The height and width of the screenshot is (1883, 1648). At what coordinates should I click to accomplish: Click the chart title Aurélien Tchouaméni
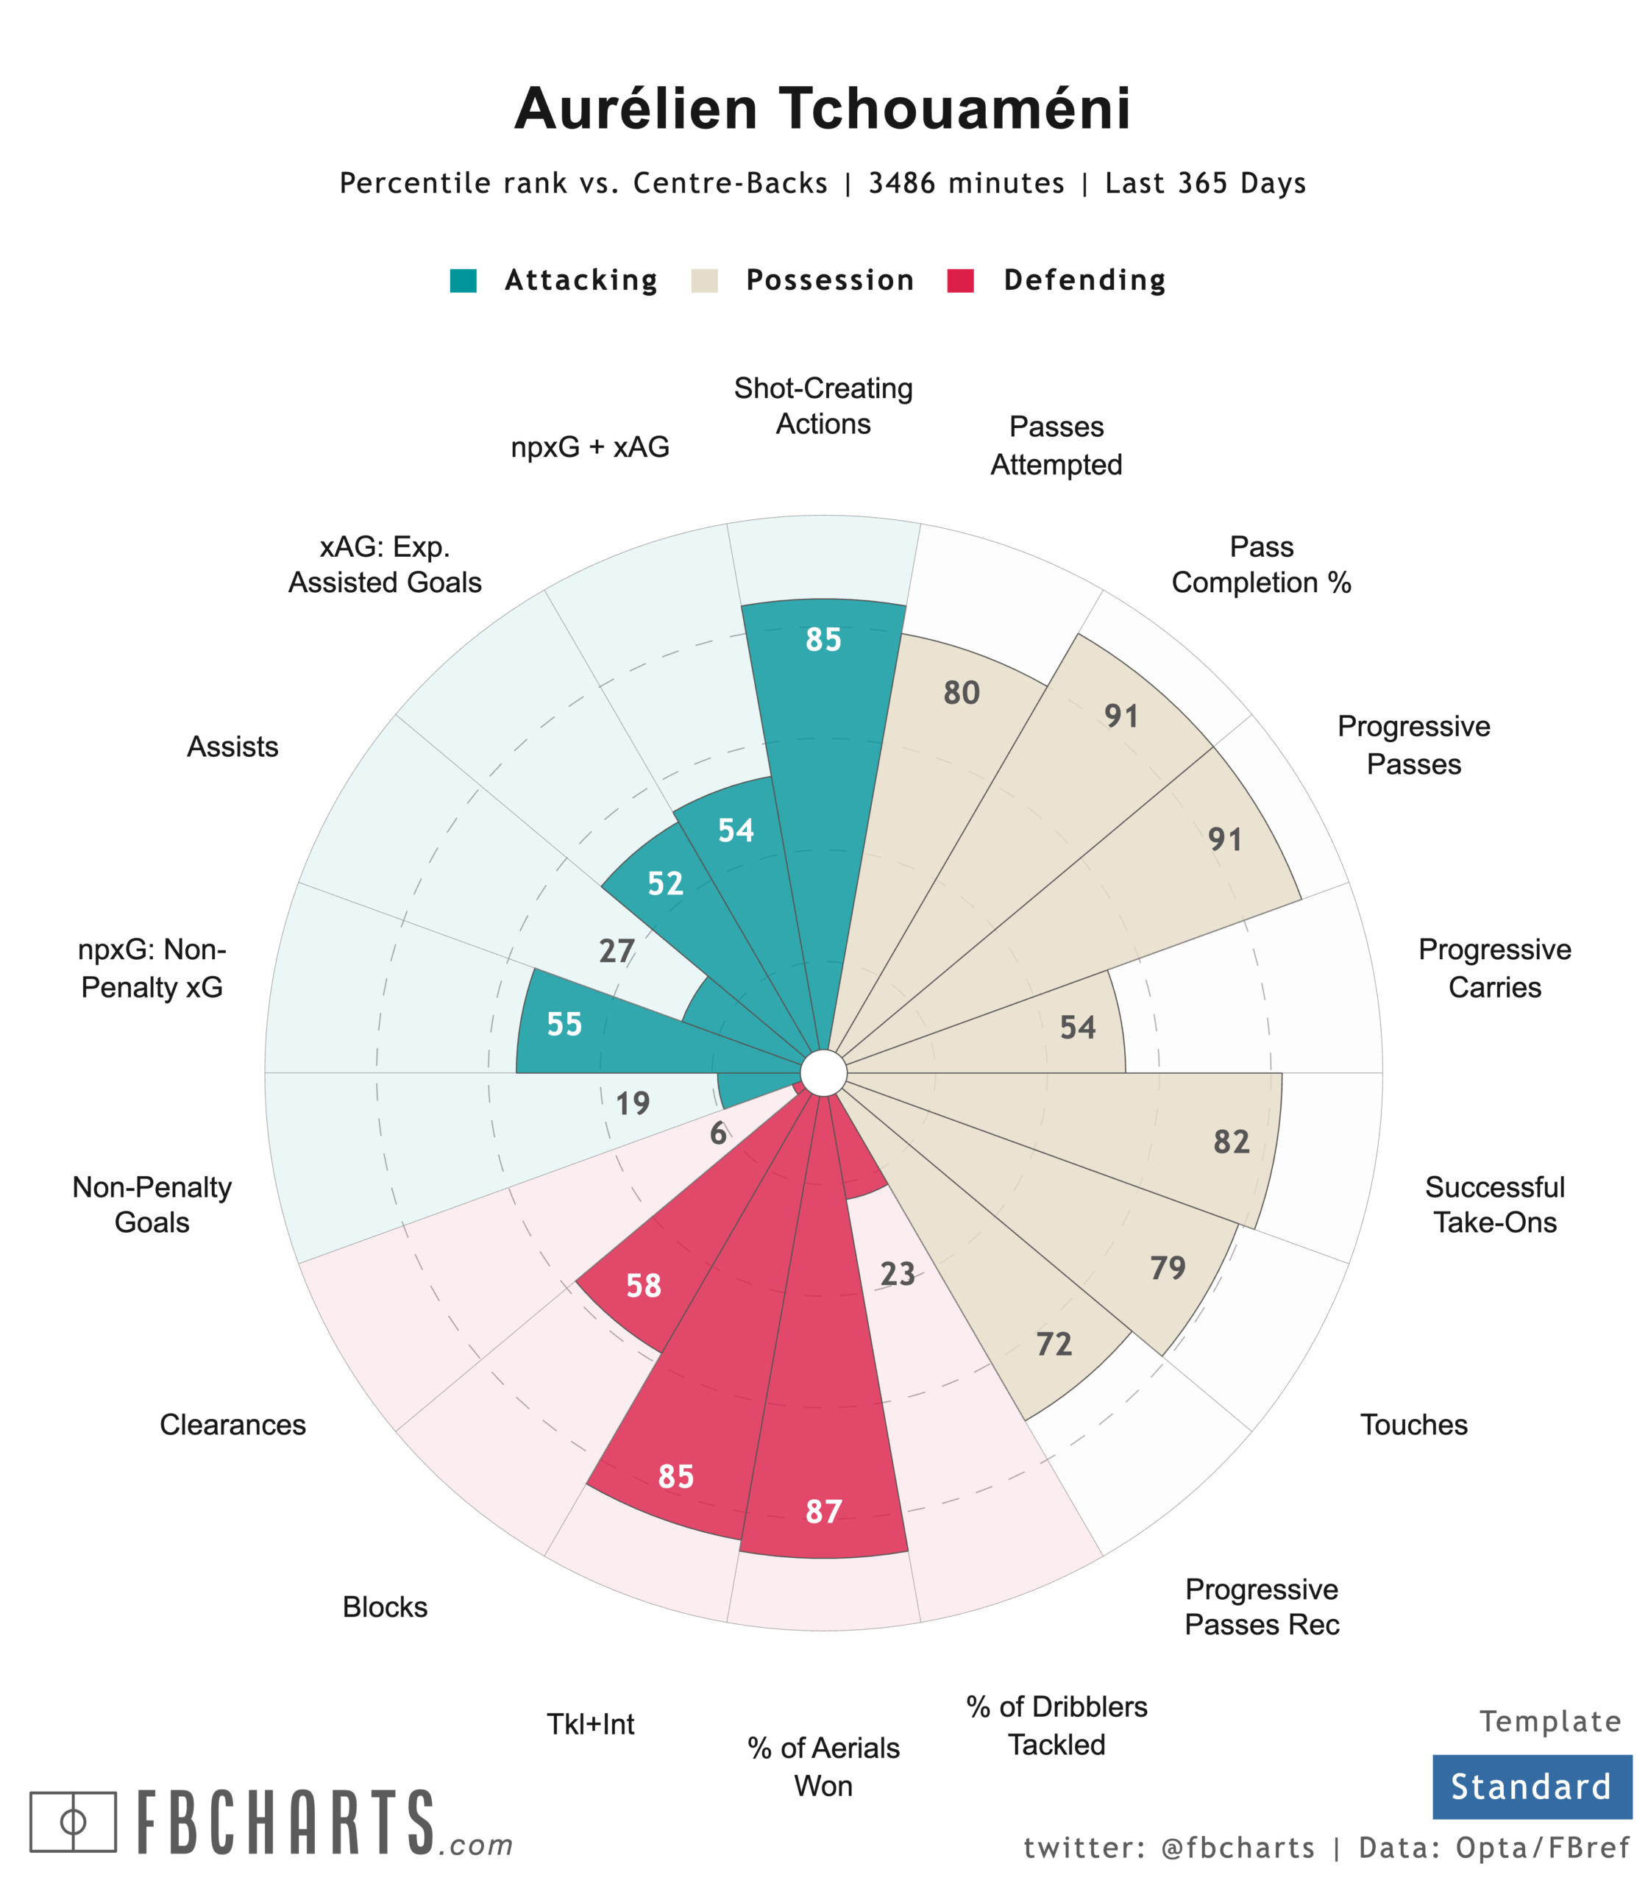click(823, 110)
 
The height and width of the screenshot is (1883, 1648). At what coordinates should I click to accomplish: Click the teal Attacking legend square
click(464, 280)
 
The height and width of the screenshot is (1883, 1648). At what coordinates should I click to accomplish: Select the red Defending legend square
click(960, 280)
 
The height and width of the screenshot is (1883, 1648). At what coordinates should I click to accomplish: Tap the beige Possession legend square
click(705, 280)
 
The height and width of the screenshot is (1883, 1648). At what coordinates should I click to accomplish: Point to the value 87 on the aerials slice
click(823, 1512)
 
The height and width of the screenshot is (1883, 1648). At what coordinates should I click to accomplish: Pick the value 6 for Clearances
click(718, 1133)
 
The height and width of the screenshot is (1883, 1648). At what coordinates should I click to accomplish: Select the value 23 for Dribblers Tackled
click(898, 1273)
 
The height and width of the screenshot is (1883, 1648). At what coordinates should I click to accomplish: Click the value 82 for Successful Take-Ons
click(1232, 1142)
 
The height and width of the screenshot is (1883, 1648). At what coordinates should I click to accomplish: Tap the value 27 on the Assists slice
click(617, 950)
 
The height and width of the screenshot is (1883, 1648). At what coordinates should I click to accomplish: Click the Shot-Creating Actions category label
click(823, 406)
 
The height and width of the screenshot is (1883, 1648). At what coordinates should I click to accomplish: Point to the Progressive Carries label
click(1494, 968)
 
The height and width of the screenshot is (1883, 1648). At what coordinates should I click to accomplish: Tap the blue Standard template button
click(1531, 1787)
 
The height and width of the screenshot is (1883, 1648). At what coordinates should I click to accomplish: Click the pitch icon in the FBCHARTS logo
click(73, 1821)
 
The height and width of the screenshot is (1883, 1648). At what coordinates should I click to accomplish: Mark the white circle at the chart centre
click(823, 1073)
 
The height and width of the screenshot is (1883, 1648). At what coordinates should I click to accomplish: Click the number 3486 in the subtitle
click(901, 184)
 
